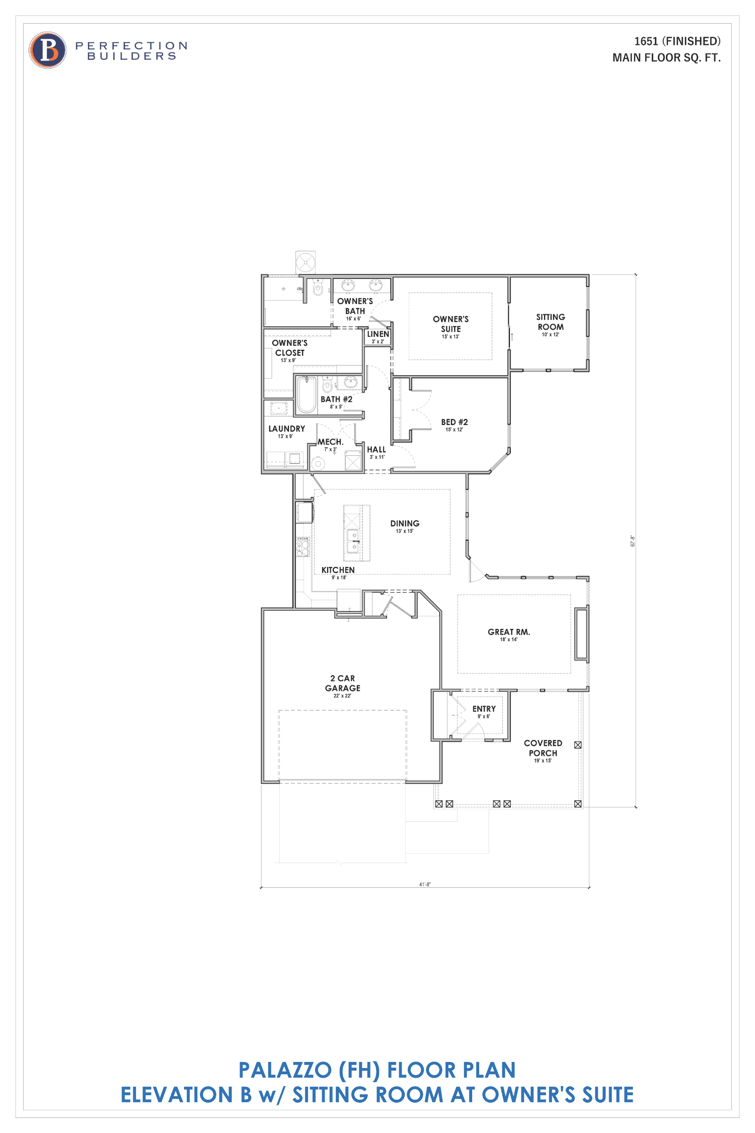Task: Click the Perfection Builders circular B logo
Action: coord(48,50)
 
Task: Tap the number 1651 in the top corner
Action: coord(646,41)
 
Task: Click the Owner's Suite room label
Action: coord(450,324)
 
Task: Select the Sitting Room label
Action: coord(550,322)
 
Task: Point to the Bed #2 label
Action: coord(454,422)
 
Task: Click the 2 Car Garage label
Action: coord(342,683)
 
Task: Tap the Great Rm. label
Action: coord(508,632)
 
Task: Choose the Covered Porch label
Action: coord(543,748)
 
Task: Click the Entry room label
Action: coord(484,709)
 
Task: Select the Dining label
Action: coord(405,524)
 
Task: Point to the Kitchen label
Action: coord(338,570)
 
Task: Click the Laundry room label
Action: coord(286,429)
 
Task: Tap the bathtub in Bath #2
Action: coord(306,395)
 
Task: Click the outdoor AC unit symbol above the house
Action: coord(306,262)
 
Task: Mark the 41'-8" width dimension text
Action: coord(425,884)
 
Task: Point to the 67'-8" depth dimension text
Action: coord(633,541)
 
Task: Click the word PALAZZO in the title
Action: coord(285,1070)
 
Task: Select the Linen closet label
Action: coord(378,334)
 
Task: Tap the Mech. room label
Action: coord(330,442)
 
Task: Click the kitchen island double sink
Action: coord(352,540)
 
